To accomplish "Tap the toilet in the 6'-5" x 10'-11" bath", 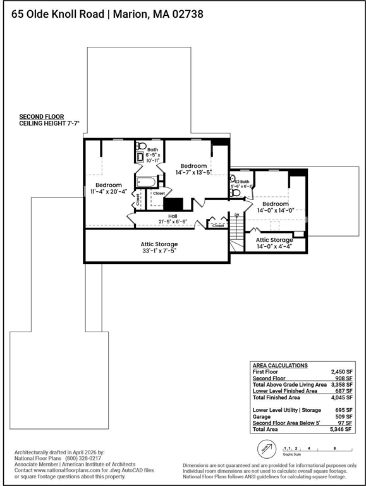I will [141, 145].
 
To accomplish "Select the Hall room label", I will [172, 216].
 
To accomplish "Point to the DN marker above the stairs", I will [236, 215].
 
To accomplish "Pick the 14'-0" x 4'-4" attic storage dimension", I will [274, 247].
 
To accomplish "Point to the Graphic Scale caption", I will [292, 454].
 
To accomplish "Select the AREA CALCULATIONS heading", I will [280, 366].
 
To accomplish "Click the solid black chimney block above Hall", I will [173, 204].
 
